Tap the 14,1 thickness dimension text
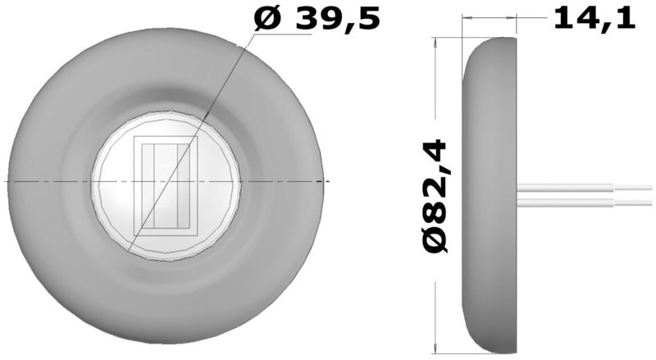click(594, 18)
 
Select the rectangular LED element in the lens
click(166, 185)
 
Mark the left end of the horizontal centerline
click(7, 180)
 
